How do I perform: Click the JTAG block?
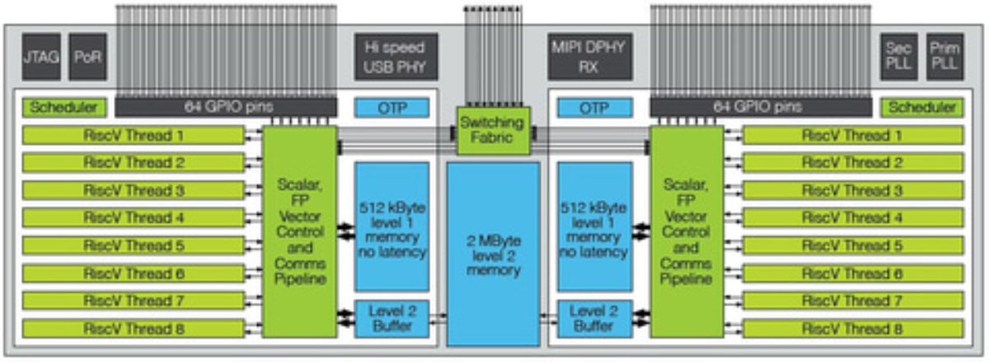coord(40,57)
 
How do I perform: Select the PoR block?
coord(87,57)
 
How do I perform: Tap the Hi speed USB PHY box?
coord(396,57)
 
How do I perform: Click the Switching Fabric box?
coord(492,131)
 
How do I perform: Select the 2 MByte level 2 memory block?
coord(493,253)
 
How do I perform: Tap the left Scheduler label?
coord(63,108)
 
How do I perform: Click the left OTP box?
coord(391,108)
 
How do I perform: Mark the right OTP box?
coord(593,108)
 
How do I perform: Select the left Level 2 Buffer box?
coord(391,319)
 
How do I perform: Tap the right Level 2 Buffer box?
coord(593,319)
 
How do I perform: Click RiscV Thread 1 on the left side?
coord(134,136)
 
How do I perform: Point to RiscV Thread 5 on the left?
coord(134,246)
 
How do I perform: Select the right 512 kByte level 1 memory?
coord(593,226)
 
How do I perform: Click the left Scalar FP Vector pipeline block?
coord(299,231)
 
